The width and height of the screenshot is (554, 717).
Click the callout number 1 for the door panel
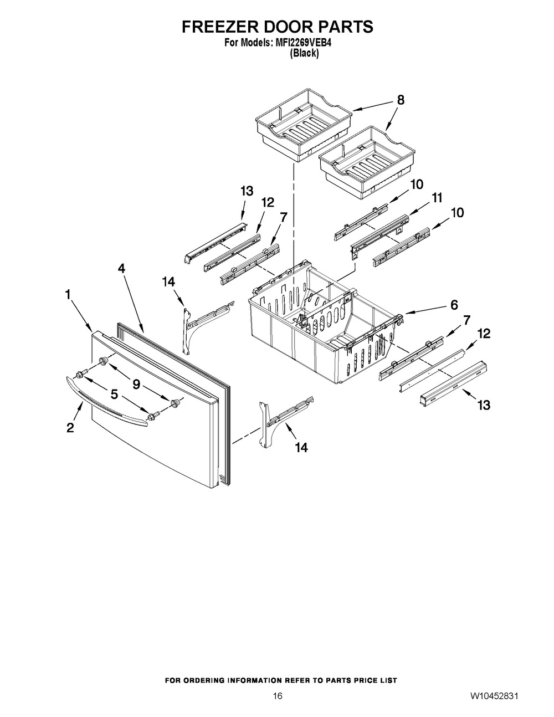point(68,294)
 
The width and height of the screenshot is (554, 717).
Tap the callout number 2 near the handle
point(70,428)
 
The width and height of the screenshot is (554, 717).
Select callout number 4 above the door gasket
point(122,269)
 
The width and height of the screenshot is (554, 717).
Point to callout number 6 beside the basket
point(454,305)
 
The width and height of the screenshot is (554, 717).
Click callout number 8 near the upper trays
point(401,100)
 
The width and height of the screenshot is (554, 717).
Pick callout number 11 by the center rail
point(437,198)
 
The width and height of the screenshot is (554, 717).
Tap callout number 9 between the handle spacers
point(136,384)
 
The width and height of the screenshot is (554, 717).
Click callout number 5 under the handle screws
point(114,394)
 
